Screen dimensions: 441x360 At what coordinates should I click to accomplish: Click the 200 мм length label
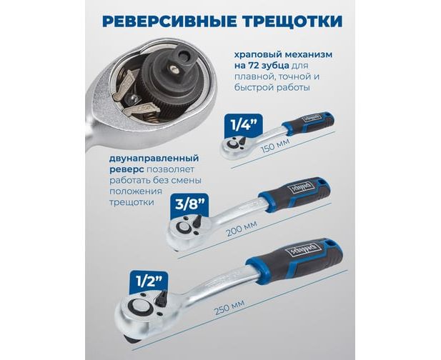click(242, 228)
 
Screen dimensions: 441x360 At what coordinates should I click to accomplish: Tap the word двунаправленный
click(154, 159)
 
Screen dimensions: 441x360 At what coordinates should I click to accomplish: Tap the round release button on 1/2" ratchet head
click(139, 307)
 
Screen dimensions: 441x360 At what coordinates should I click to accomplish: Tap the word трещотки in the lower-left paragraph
click(132, 202)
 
